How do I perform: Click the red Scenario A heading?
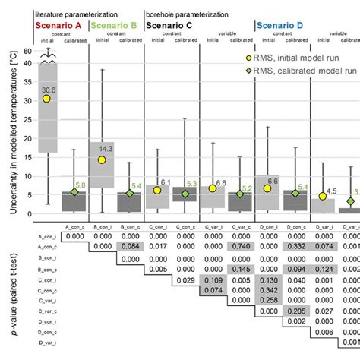(60, 26)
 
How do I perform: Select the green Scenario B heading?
(115, 26)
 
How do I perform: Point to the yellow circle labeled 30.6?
(47, 98)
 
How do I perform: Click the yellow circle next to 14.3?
(101, 160)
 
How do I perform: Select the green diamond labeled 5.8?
(74, 192)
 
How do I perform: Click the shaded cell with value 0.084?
(130, 247)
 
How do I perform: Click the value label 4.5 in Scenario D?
(332, 191)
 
